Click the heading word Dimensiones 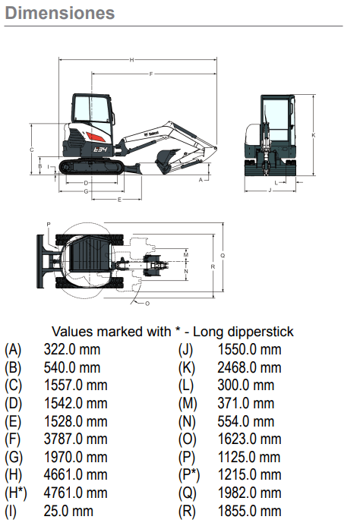60,13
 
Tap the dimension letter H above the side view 131,60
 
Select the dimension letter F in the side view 151,74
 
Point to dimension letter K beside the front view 314,135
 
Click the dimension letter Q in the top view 223,255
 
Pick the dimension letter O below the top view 147,304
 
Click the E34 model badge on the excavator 100,150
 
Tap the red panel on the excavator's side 96,137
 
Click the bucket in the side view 167,161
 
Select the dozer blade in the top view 41,261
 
